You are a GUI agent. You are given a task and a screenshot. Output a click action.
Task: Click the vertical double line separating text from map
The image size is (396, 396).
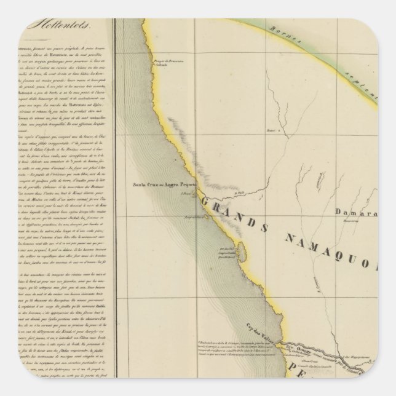pyautogui.click(x=113, y=203)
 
